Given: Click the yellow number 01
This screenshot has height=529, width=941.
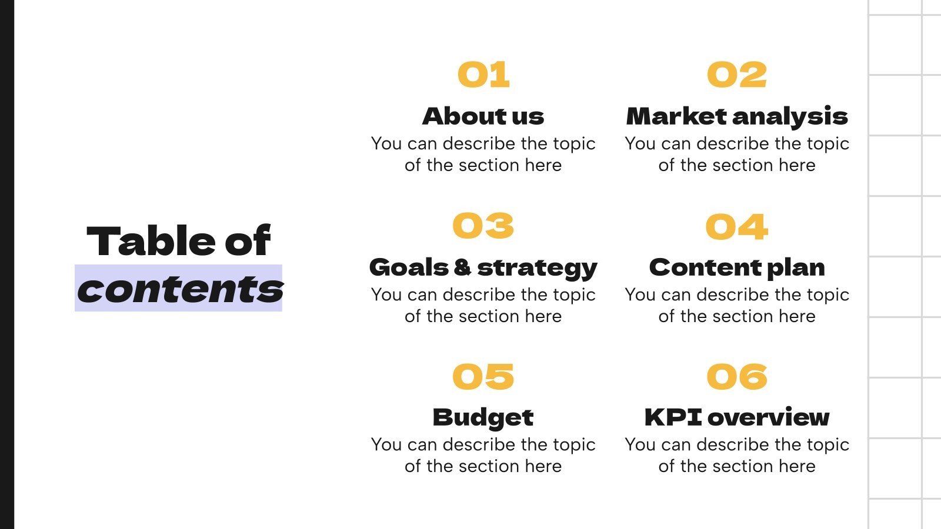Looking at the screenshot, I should pyautogui.click(x=483, y=75).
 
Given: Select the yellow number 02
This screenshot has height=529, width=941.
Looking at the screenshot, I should pyautogui.click(x=737, y=75).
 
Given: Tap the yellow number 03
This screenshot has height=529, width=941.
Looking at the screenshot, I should pyautogui.click(x=483, y=226).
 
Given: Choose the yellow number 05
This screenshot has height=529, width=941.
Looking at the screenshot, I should pyautogui.click(x=483, y=377).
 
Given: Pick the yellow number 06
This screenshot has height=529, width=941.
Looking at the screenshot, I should pyautogui.click(x=737, y=377).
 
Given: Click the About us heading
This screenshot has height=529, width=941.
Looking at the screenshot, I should pyautogui.click(x=483, y=116).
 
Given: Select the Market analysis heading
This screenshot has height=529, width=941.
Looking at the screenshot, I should pyautogui.click(x=737, y=116).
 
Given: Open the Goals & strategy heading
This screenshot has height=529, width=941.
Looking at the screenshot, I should pyautogui.click(x=483, y=268).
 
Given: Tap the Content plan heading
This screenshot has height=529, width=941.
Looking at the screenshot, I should pyautogui.click(x=737, y=268).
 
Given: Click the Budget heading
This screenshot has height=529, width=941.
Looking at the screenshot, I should pyautogui.click(x=483, y=418).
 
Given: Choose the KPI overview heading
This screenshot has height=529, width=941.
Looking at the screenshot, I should pyautogui.click(x=737, y=417).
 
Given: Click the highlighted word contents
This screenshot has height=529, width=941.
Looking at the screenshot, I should pyautogui.click(x=179, y=289).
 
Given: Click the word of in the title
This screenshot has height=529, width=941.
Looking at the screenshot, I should pyautogui.click(x=247, y=241).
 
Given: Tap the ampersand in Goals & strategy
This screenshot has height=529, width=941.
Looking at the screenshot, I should pyautogui.click(x=462, y=268).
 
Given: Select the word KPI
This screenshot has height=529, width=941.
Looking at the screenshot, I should pyautogui.click(x=673, y=417).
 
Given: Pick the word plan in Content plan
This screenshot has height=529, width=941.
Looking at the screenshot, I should pyautogui.click(x=796, y=268).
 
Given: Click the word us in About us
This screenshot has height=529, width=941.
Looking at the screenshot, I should pyautogui.click(x=528, y=116).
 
